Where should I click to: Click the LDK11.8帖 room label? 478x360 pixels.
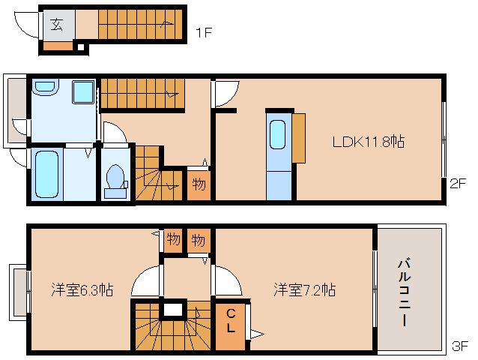[369, 141]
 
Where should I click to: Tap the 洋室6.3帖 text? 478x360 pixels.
[82, 289]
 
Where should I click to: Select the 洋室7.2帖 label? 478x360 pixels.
[303, 289]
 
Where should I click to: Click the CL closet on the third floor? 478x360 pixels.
[231, 321]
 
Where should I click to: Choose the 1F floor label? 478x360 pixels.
[203, 32]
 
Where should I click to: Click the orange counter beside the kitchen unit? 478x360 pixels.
[299, 137]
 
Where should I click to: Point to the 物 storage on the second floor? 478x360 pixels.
[198, 184]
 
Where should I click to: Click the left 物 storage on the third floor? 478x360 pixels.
[173, 241]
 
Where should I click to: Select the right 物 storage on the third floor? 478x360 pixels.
[198, 241]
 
